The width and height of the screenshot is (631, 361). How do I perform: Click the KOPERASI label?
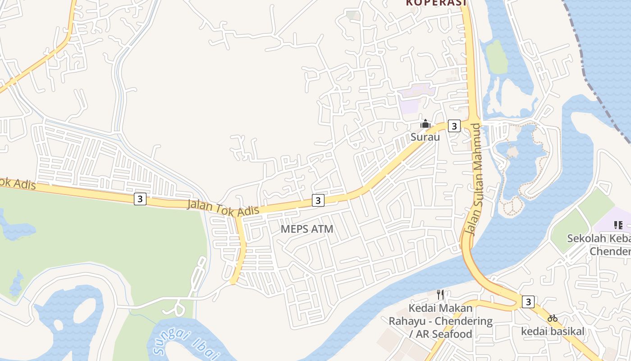[x=436, y=3]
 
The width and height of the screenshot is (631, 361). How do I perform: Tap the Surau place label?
[x=425, y=137]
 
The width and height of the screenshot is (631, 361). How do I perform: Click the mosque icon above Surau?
[x=425, y=123]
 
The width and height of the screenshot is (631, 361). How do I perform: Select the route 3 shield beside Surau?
[x=454, y=126]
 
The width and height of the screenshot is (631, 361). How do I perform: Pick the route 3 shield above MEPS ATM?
[x=318, y=200]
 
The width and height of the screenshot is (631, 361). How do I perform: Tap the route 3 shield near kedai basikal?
[x=528, y=301]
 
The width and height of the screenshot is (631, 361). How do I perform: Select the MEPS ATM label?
[x=307, y=229]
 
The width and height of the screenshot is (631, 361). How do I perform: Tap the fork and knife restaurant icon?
[x=440, y=295]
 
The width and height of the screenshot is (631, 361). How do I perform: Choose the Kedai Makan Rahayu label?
[x=440, y=321]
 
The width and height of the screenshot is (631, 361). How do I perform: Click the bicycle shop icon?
[x=553, y=318]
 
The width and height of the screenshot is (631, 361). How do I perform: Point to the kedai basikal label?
[x=553, y=332]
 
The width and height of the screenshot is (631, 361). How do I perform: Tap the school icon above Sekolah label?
[x=618, y=225]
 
